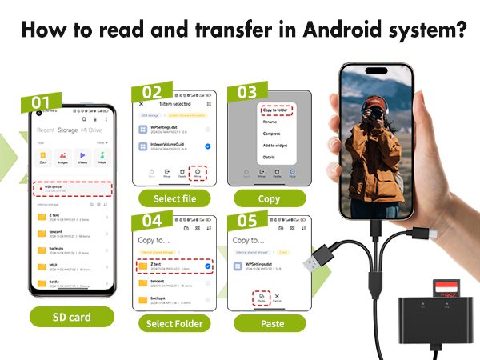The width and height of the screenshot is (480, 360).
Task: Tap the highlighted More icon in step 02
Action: [197, 171]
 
